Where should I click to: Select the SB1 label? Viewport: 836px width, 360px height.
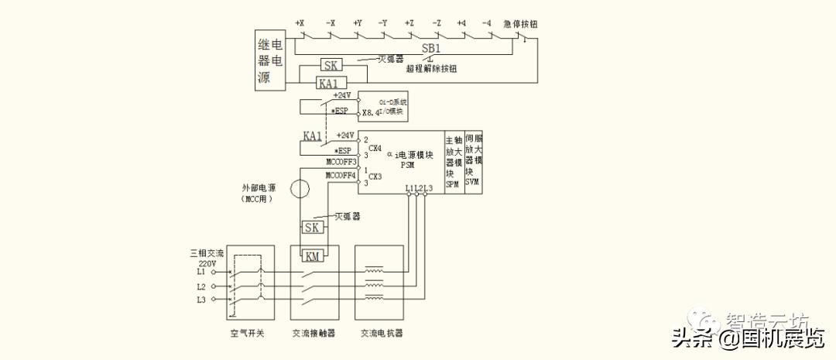pyautogui.click(x=431, y=48)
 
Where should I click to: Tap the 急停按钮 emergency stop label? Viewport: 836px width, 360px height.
pyautogui.click(x=520, y=24)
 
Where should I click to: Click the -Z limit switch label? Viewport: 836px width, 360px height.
pyautogui.click(x=437, y=23)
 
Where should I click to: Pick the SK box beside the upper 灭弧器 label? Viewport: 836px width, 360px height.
pyautogui.click(x=331, y=66)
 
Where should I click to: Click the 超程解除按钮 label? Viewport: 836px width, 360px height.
pyautogui.click(x=431, y=68)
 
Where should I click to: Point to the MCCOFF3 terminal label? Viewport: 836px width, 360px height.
pyautogui.click(x=341, y=163)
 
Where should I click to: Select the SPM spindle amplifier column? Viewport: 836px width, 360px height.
pyautogui.click(x=454, y=163)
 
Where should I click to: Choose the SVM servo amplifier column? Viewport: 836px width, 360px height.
pyautogui.click(x=474, y=163)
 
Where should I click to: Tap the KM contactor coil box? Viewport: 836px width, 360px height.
pyautogui.click(x=313, y=256)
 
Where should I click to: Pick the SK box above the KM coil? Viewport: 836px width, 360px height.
pyautogui.click(x=312, y=228)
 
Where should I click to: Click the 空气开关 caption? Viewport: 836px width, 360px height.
pyautogui.click(x=250, y=334)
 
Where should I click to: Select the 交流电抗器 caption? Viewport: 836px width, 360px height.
pyautogui.click(x=381, y=334)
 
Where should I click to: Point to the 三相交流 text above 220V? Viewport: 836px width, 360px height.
pyautogui.click(x=207, y=253)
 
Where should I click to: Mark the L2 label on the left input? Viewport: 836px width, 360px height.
pyautogui.click(x=201, y=286)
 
